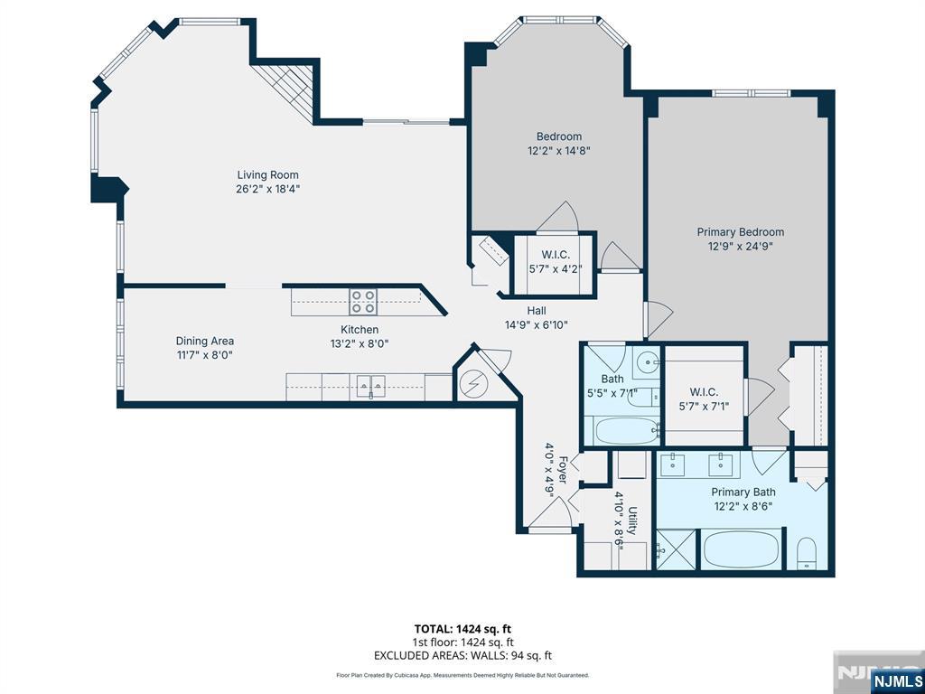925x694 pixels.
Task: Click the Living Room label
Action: click(x=267, y=174)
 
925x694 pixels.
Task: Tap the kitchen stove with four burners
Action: click(x=363, y=302)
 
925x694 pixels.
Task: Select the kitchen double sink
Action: click(x=370, y=386)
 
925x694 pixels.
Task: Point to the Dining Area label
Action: click(x=205, y=341)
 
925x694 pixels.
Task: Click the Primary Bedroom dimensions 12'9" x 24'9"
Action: click(x=741, y=247)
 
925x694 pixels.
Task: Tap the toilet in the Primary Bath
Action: click(x=807, y=553)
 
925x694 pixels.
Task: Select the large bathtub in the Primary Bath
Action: click(x=743, y=549)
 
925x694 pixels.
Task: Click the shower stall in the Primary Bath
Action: click(x=676, y=549)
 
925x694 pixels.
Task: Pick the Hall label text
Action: click(x=537, y=311)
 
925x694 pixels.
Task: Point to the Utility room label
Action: click(x=632, y=520)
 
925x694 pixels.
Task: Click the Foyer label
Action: click(x=562, y=470)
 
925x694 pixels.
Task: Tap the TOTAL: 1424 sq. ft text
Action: click(x=462, y=629)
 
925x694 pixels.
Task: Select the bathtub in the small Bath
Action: click(x=627, y=431)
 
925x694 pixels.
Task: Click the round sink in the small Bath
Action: click(x=650, y=359)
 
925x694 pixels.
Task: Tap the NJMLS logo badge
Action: click(x=896, y=680)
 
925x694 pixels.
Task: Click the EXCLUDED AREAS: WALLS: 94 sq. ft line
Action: click(x=463, y=655)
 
